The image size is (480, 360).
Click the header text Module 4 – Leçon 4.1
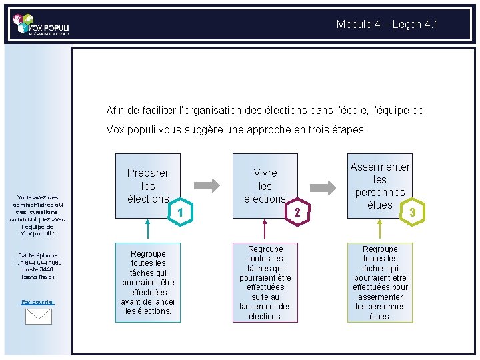(387, 25)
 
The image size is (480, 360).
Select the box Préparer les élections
(148, 185)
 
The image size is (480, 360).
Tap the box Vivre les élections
(265, 185)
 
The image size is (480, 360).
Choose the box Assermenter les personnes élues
(379, 185)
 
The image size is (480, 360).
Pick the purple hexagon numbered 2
(297, 212)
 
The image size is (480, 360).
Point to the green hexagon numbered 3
(413, 212)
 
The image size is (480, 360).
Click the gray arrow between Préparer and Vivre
(207, 185)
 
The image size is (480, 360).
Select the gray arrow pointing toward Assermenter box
(324, 185)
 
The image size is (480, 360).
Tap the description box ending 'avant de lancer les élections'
(148, 283)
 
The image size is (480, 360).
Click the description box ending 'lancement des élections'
(265, 283)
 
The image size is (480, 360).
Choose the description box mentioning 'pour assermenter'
(379, 283)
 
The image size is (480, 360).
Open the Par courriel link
(38, 302)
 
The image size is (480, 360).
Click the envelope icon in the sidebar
(38, 316)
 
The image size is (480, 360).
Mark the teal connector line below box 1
(148, 230)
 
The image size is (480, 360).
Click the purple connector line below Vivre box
(265, 230)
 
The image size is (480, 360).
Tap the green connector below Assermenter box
(379, 230)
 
